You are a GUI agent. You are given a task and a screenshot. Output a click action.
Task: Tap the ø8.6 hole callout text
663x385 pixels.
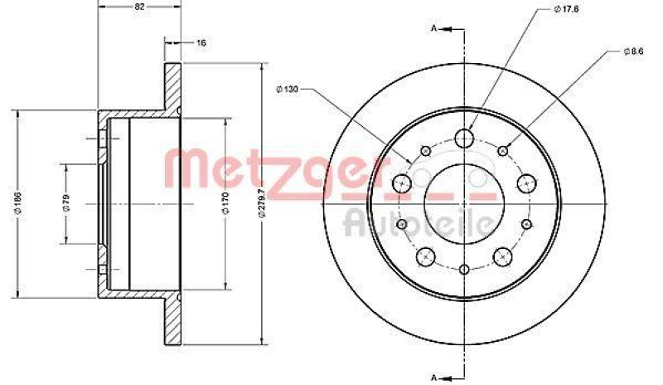click(x=634, y=51)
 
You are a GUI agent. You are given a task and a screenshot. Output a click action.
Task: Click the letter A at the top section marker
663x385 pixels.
click(x=434, y=29)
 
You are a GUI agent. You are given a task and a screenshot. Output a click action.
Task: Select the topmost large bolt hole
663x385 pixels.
click(x=465, y=137)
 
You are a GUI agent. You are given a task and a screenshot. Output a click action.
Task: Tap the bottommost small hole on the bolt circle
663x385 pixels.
click(x=464, y=269)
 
